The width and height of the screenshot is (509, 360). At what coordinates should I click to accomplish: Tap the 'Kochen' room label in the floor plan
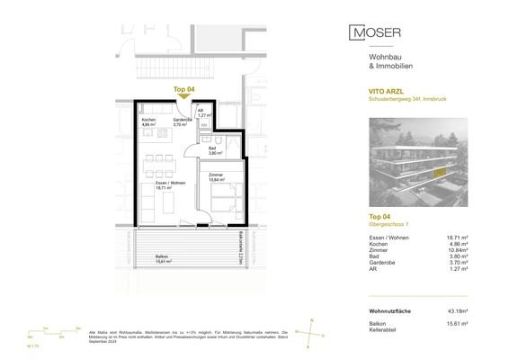click(x=148, y=120)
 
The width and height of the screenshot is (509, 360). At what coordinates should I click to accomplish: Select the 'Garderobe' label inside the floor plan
click(x=182, y=120)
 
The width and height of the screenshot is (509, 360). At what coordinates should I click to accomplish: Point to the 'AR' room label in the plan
click(x=200, y=110)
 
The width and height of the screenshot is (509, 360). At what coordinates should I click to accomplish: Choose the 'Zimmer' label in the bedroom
click(x=215, y=175)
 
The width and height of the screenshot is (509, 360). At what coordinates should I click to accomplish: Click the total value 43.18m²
click(x=468, y=311)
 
